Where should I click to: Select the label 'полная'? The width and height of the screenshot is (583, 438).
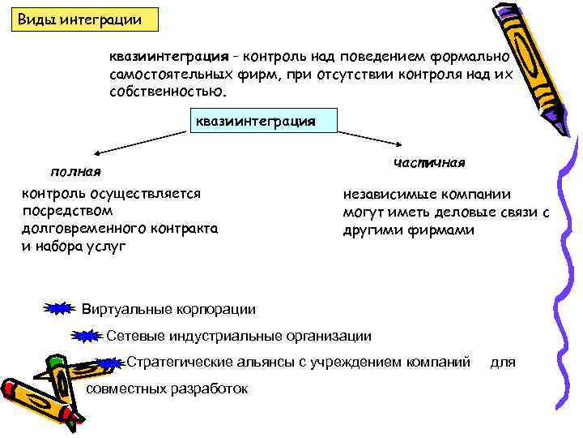tap(74, 171)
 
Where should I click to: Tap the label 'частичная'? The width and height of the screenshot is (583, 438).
tap(429, 162)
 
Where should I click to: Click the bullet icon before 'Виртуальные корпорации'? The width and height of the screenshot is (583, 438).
tap(57, 308)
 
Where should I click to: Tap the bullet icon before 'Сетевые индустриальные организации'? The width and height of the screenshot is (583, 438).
tap(85, 336)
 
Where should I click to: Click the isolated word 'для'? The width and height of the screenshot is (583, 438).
tap(503, 362)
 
